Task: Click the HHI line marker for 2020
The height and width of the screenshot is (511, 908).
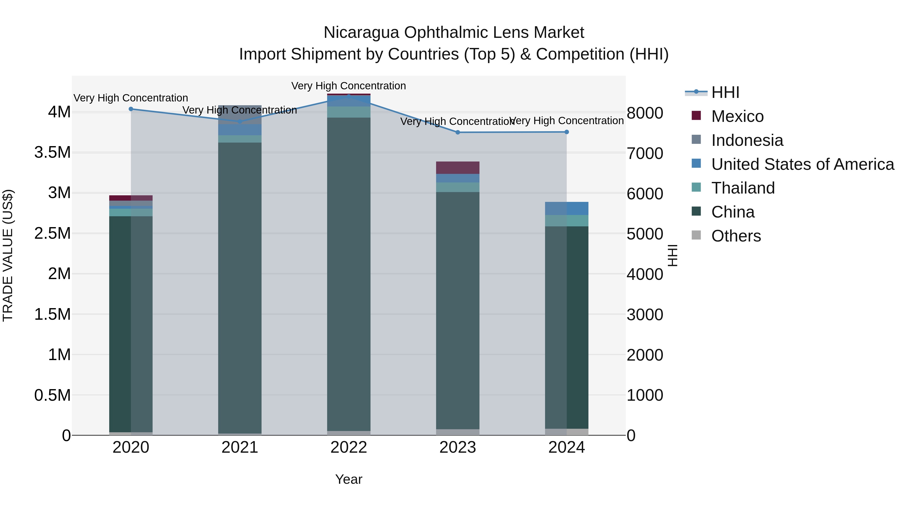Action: click(131, 109)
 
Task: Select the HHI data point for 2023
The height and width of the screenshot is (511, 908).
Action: click(458, 132)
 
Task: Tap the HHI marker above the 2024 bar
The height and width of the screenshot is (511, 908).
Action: click(566, 132)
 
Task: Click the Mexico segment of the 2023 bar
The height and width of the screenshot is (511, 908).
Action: click(458, 168)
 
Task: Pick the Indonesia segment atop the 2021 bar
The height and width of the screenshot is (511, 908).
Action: click(240, 114)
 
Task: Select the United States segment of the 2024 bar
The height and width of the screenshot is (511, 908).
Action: click(566, 208)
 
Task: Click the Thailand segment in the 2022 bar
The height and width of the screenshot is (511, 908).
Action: click(349, 112)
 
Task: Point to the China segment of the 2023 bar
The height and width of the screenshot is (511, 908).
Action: click(458, 310)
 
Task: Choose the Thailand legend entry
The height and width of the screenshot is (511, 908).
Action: click(743, 188)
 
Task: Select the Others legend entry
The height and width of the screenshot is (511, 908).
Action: click(736, 236)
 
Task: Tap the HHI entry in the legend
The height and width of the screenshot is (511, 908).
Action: click(725, 92)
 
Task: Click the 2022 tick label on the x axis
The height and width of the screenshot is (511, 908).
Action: click(349, 447)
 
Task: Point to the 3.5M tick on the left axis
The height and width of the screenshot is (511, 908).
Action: click(52, 152)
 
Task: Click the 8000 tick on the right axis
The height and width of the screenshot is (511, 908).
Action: click(645, 113)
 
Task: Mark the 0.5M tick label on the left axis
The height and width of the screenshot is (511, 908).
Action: click(52, 395)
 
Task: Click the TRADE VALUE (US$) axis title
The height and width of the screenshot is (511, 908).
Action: click(8, 255)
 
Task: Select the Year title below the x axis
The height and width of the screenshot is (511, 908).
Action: click(349, 479)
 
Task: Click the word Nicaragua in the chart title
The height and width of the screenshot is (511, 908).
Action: click(361, 33)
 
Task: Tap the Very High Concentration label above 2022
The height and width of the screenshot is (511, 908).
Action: click(349, 86)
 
